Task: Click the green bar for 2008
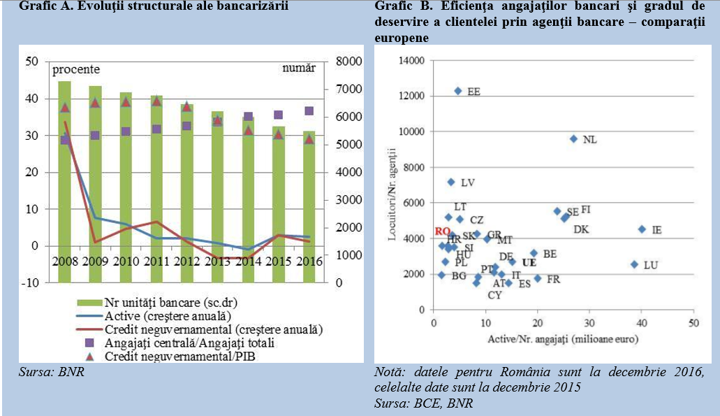click(x=64, y=182)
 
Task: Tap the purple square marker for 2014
click(x=248, y=117)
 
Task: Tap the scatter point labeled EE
click(x=458, y=91)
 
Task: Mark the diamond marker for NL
click(x=574, y=138)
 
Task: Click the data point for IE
click(x=642, y=229)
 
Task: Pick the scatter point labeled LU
click(x=634, y=264)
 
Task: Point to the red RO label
click(x=442, y=231)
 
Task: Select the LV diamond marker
click(x=451, y=182)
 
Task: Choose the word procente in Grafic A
click(x=76, y=69)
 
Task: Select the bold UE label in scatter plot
click(x=529, y=262)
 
